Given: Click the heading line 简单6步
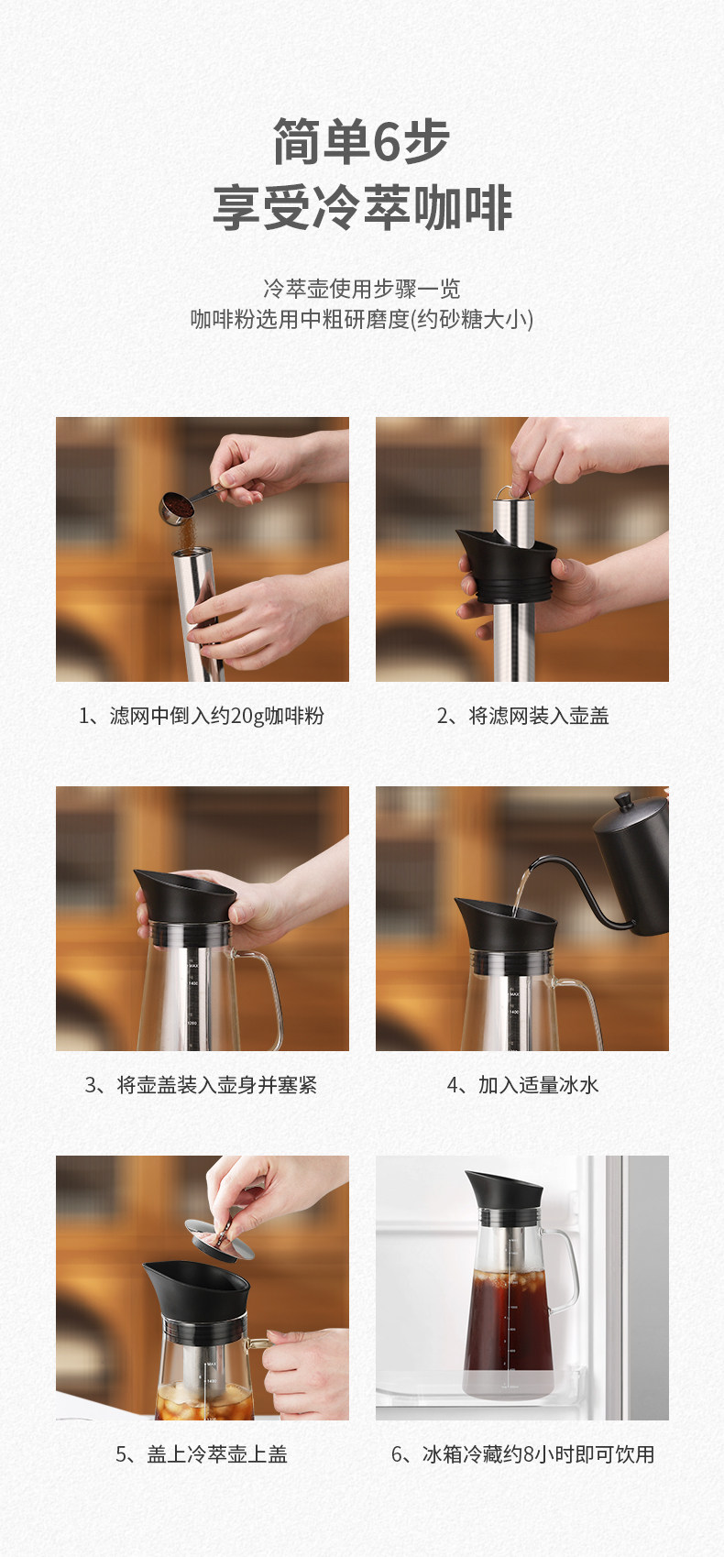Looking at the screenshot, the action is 361,141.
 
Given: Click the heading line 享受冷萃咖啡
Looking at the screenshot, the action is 362,207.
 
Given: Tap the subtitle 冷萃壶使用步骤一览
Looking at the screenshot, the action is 361,289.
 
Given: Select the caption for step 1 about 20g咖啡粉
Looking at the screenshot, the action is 202,716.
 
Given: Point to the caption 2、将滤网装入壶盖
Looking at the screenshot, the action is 522,716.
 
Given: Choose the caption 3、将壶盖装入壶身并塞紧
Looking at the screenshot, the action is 201,1085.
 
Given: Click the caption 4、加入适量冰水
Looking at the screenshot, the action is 522,1085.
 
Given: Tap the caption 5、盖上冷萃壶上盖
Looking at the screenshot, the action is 202,1454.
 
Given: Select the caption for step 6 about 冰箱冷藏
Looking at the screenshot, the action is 522,1454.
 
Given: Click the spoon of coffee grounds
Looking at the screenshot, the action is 182,505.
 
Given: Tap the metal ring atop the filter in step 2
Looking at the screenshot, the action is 512,491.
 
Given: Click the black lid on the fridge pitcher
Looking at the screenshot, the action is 503,1191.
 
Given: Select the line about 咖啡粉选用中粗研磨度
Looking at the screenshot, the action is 361,320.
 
